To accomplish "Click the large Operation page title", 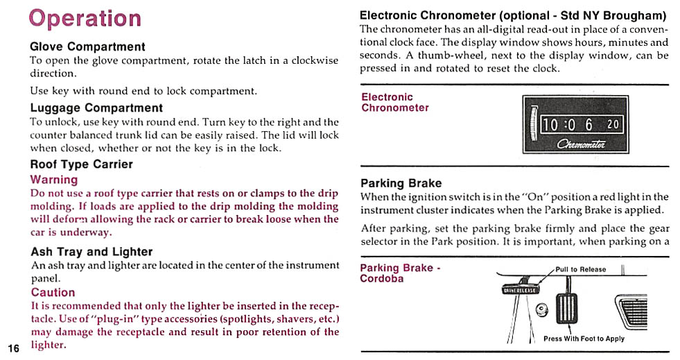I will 85,18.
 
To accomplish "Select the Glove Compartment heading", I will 87,46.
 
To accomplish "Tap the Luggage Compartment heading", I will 96,108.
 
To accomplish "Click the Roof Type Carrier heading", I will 81,164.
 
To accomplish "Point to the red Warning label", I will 54,179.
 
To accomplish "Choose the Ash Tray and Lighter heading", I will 91,252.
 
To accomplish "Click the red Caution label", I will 53,292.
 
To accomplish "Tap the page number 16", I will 14,348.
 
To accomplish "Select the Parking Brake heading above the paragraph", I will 401,183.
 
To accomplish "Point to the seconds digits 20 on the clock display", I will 613,125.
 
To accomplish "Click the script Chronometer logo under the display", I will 581,144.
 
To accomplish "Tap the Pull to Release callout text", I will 580,269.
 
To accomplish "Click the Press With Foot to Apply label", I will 584,338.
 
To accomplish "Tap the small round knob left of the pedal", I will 543,309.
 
